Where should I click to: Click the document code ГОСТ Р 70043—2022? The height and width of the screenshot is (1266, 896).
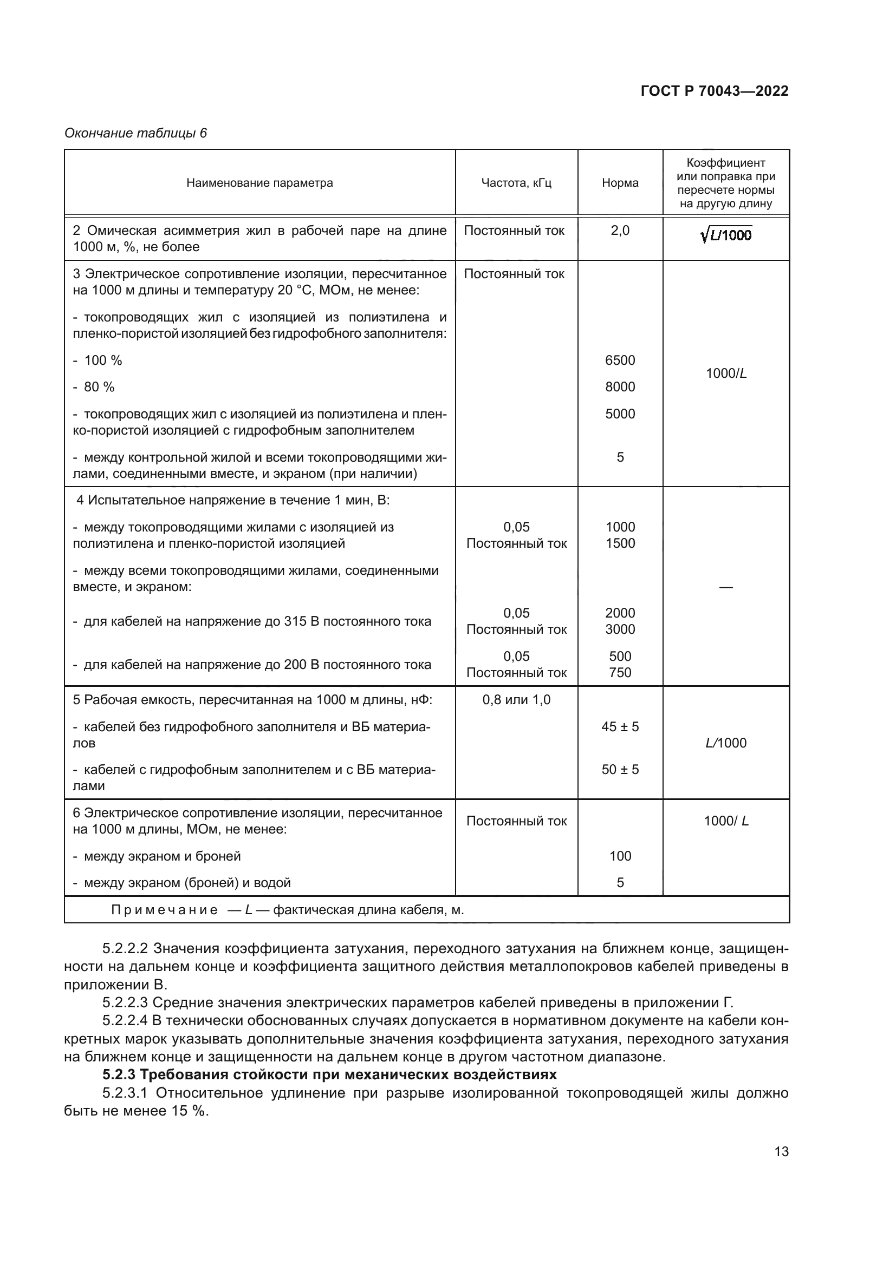(715, 91)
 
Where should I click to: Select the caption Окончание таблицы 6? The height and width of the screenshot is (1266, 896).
(136, 133)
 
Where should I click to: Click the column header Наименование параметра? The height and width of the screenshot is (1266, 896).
(259, 182)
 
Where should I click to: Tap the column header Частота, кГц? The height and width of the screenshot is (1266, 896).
(516, 182)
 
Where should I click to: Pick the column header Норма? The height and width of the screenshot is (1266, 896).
(620, 182)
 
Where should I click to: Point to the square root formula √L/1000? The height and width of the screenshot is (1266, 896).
(725, 235)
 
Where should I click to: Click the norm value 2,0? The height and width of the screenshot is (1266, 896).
(620, 231)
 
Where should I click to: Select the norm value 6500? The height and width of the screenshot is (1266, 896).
(620, 360)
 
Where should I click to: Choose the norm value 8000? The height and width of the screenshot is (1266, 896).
(620, 386)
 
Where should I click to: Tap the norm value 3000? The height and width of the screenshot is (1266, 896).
(620, 629)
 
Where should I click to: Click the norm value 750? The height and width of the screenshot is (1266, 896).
(620, 672)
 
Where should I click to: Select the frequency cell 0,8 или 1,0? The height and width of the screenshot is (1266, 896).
(516, 700)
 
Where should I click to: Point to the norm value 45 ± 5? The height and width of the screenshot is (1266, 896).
(620, 726)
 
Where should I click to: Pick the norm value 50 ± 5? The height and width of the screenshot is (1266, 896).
(620, 769)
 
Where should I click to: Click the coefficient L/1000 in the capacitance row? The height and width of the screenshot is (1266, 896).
(725, 743)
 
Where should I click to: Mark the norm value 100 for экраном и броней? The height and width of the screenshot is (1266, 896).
(620, 856)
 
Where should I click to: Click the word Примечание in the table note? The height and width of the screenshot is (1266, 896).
(165, 910)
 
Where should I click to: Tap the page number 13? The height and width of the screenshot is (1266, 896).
(781, 1151)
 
